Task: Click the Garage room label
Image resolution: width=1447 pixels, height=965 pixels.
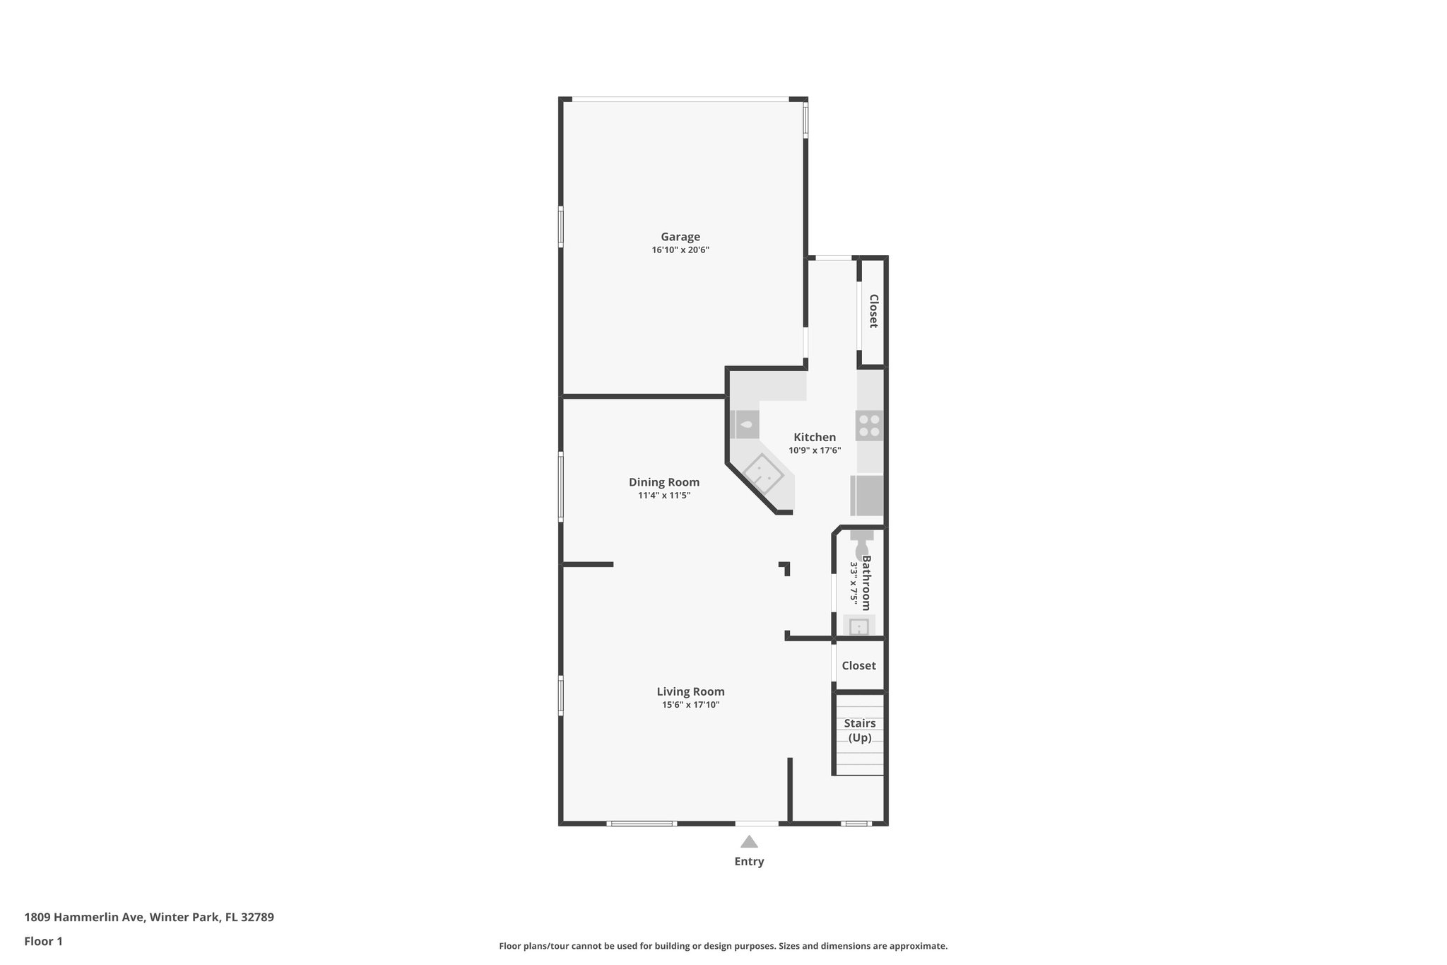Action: [680, 237]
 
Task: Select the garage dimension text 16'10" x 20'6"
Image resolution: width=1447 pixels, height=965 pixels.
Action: [680, 250]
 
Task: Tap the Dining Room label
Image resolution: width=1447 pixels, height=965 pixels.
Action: [664, 482]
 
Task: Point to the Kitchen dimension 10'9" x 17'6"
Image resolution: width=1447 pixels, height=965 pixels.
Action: [815, 450]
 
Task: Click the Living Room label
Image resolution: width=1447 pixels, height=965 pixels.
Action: [690, 691]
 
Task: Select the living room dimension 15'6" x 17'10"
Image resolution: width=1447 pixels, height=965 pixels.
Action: [690, 705]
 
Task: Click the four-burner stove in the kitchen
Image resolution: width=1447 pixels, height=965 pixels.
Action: [869, 426]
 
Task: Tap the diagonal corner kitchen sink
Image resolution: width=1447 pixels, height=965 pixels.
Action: [763, 474]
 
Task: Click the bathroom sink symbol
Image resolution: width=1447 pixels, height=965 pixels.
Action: [858, 626]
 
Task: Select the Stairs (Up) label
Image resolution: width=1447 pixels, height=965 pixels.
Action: [860, 730]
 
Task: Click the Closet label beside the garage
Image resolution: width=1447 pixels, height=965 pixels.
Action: [873, 311]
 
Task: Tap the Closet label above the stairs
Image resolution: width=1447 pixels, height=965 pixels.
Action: [858, 666]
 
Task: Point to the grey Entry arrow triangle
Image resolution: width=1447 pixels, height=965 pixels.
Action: [749, 842]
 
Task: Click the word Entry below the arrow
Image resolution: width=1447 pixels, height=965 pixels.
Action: [749, 861]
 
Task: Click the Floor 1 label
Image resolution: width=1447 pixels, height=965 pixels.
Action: [43, 942]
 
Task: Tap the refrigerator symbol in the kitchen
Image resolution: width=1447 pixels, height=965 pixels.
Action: [868, 496]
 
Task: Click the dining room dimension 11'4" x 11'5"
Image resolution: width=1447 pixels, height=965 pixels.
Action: [664, 496]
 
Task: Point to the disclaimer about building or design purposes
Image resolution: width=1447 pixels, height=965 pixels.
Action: [723, 946]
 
